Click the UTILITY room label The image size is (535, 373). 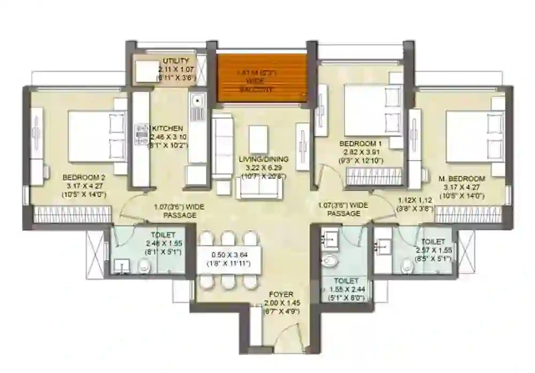click(x=176, y=61)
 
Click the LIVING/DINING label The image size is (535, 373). click(x=263, y=159)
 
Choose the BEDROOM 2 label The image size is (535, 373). click(x=84, y=178)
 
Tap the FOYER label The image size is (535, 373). click(x=281, y=294)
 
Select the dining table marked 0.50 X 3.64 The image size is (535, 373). click(x=229, y=259)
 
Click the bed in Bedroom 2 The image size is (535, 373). click(x=96, y=136)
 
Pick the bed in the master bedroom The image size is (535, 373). click(x=474, y=136)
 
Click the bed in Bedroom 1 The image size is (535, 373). click(x=371, y=111)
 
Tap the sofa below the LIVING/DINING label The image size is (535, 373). click(x=259, y=187)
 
